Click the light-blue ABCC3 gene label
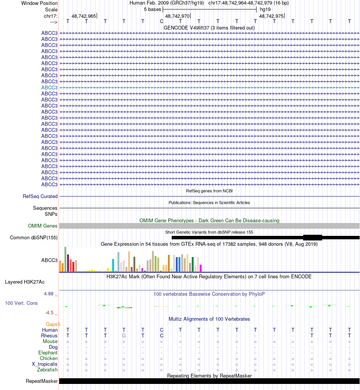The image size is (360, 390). (x=49, y=87)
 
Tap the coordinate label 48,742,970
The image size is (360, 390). (x=177, y=16)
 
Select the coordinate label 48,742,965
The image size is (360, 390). (x=83, y=16)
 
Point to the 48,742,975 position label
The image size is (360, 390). (x=271, y=16)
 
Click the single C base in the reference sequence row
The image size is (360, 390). (x=161, y=21)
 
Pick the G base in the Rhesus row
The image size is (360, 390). (x=124, y=335)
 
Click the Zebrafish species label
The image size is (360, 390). (x=47, y=370)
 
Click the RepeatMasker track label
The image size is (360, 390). (x=42, y=381)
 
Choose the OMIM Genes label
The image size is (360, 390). (x=43, y=226)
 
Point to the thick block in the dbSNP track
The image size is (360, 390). (x=312, y=237)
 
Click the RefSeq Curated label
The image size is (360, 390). (x=40, y=196)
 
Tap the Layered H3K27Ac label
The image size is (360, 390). (x=25, y=282)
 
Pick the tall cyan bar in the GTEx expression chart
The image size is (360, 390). (x=113, y=265)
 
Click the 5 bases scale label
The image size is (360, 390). (x=152, y=9)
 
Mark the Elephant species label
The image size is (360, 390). (x=48, y=353)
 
